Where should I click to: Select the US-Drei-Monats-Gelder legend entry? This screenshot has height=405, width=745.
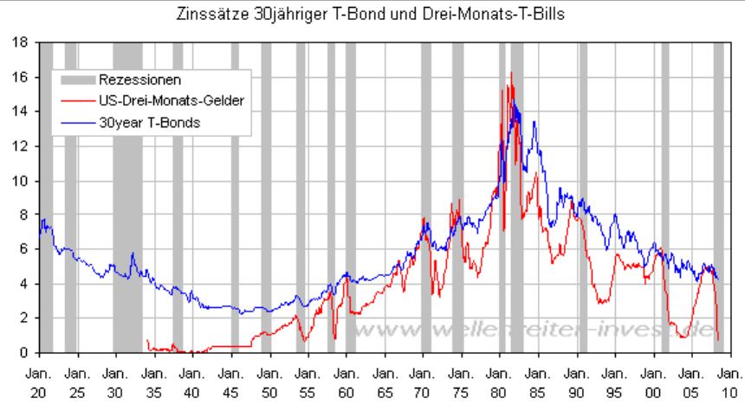(165, 101)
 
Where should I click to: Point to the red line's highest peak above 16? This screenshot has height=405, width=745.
(511, 73)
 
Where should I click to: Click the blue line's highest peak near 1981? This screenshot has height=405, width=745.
(515, 102)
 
